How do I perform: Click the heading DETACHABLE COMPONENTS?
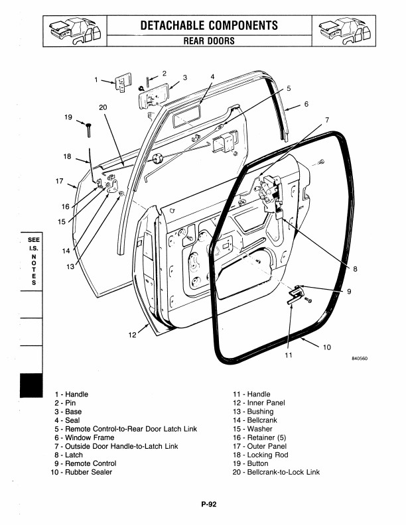pyautogui.click(x=208, y=25)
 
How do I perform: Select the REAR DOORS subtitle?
pyautogui.click(x=208, y=40)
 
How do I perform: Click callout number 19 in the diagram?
pyautogui.click(x=68, y=117)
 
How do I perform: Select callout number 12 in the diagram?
pyautogui.click(x=132, y=334)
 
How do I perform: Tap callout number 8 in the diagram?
pyautogui.click(x=356, y=269)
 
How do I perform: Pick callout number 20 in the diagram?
pyautogui.click(x=103, y=107)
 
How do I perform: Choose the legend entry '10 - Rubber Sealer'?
pyautogui.click(x=82, y=472)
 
